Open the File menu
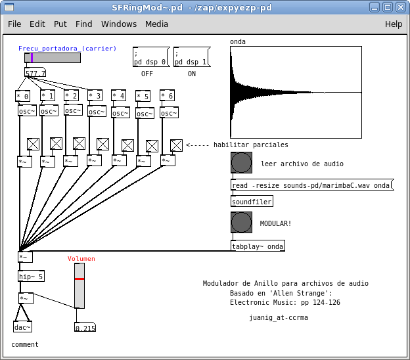[14, 24]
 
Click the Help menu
[394, 24]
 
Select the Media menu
[156, 24]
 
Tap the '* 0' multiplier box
[22, 96]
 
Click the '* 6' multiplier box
[167, 96]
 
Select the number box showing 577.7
[35, 73]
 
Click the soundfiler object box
[252, 202]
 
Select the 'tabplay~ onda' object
[258, 246]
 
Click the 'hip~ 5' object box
[31, 277]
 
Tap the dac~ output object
[22, 326]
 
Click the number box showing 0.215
[85, 327]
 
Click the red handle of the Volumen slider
[80, 279]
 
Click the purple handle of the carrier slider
[32, 58]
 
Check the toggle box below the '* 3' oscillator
[102, 144]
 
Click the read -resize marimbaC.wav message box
[311, 185]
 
